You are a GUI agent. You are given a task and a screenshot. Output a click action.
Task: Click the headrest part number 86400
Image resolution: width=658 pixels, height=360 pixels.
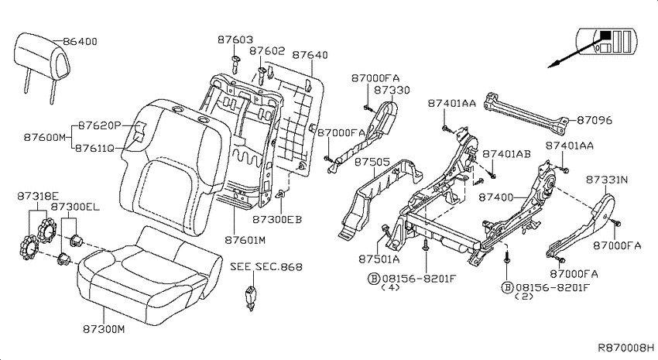point(81,41)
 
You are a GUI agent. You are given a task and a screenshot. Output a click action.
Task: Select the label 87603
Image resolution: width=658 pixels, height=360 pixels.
point(235,39)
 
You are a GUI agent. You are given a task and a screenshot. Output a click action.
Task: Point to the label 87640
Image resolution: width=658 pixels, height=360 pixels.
point(310,55)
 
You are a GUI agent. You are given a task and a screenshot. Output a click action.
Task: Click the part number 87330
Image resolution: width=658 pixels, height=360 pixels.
point(392,91)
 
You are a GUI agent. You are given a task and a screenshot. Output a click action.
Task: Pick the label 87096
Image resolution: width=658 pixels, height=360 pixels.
point(595,121)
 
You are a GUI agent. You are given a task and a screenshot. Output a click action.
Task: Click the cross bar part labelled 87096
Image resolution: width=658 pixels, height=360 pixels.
point(526,112)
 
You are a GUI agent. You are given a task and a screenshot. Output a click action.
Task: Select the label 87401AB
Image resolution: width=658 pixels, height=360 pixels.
point(506,154)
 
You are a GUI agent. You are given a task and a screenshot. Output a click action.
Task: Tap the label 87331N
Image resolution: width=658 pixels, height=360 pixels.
point(607,180)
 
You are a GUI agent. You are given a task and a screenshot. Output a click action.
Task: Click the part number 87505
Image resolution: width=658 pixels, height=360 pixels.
point(372,162)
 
